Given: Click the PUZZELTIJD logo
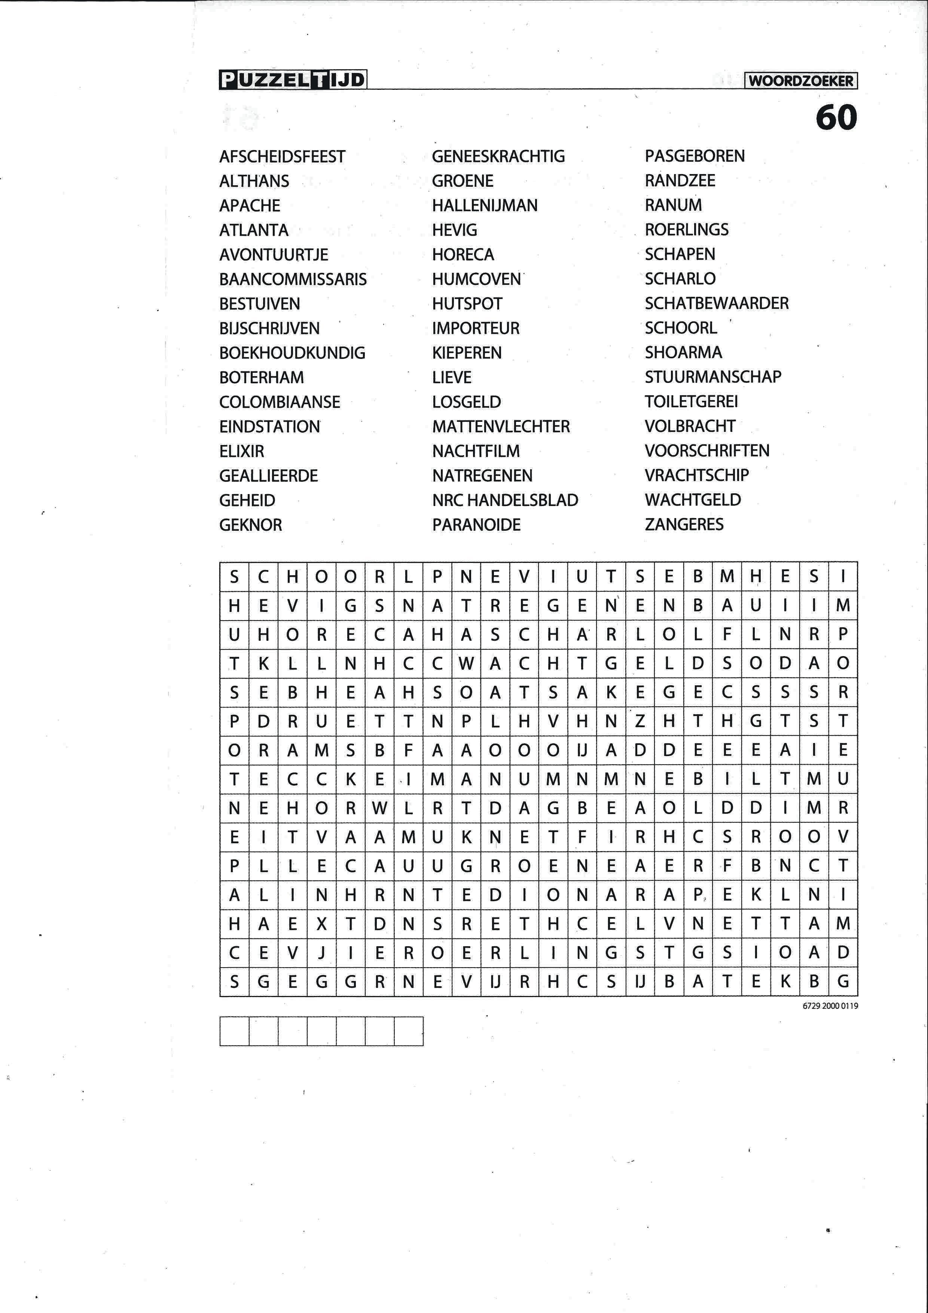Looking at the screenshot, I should (x=292, y=79).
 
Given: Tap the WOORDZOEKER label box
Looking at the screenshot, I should (x=800, y=80).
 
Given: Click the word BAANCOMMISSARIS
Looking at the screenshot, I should (x=293, y=279).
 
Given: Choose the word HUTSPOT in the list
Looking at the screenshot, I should (x=467, y=304).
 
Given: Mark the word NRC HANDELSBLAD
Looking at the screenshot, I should (x=505, y=500).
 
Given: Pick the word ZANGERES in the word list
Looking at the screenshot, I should (x=684, y=524).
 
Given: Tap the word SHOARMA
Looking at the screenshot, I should (x=683, y=352).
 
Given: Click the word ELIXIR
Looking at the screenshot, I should (x=241, y=451).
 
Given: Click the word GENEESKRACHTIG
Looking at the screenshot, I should (x=498, y=156).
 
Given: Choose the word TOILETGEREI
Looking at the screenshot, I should (x=691, y=402).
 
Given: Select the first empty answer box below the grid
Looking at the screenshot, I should (x=234, y=1031).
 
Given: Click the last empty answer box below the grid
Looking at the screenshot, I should (x=409, y=1031).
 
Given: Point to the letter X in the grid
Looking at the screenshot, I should (x=321, y=924).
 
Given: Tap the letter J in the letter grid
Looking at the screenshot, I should (x=321, y=953).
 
